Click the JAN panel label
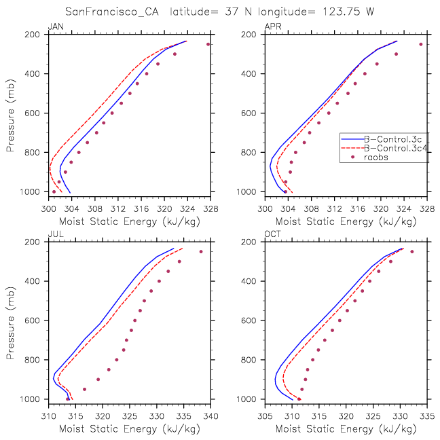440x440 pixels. click(56, 26)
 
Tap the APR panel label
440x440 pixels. click(273, 26)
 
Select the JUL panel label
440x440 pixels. click(56, 234)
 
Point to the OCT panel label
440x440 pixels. click(272, 234)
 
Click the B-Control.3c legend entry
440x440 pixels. click(392, 139)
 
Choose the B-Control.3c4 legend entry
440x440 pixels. click(396, 148)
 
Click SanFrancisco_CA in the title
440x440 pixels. click(111, 12)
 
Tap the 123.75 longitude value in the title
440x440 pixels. click(341, 12)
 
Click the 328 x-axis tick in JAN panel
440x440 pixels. click(210, 208)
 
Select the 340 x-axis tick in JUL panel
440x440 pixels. click(210, 416)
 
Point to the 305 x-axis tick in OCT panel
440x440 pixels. click(265, 416)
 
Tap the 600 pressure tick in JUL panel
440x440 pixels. click(33, 320)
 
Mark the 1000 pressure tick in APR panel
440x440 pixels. click(246, 192)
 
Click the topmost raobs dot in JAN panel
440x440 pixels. click(208, 44)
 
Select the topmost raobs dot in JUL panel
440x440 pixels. click(201, 252)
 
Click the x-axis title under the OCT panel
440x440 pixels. click(346, 429)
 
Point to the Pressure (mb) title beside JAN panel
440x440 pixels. click(10, 115)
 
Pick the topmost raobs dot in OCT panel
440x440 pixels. click(412, 252)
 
